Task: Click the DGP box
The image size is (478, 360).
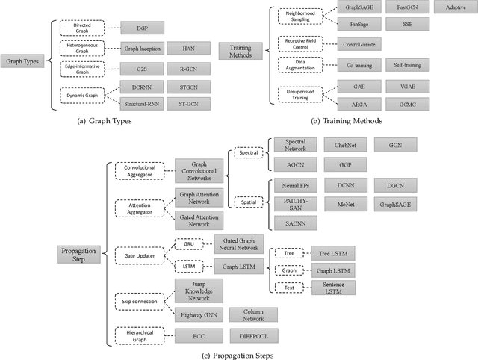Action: click(143, 30)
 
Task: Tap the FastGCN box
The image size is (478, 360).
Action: click(409, 8)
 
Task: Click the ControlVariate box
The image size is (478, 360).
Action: click(361, 45)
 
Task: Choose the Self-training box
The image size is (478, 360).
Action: click(408, 66)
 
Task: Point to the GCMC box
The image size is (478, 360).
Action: click(408, 102)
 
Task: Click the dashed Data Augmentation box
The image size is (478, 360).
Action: click(302, 65)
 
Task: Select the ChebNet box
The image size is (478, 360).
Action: click(345, 144)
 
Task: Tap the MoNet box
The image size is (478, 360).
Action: click(345, 203)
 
